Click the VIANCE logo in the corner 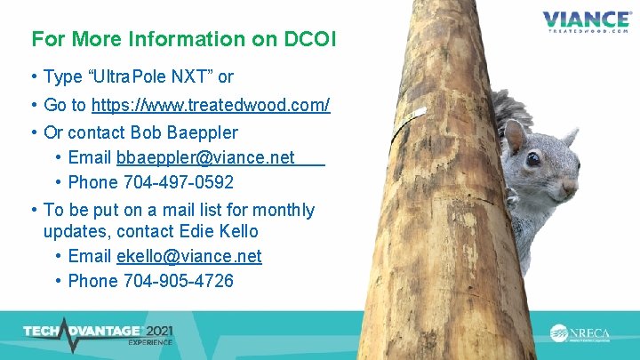click(586, 20)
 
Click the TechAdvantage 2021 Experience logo click(98, 332)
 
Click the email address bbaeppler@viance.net click(205, 157)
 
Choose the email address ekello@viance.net click(188, 256)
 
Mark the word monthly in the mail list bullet click(284, 210)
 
